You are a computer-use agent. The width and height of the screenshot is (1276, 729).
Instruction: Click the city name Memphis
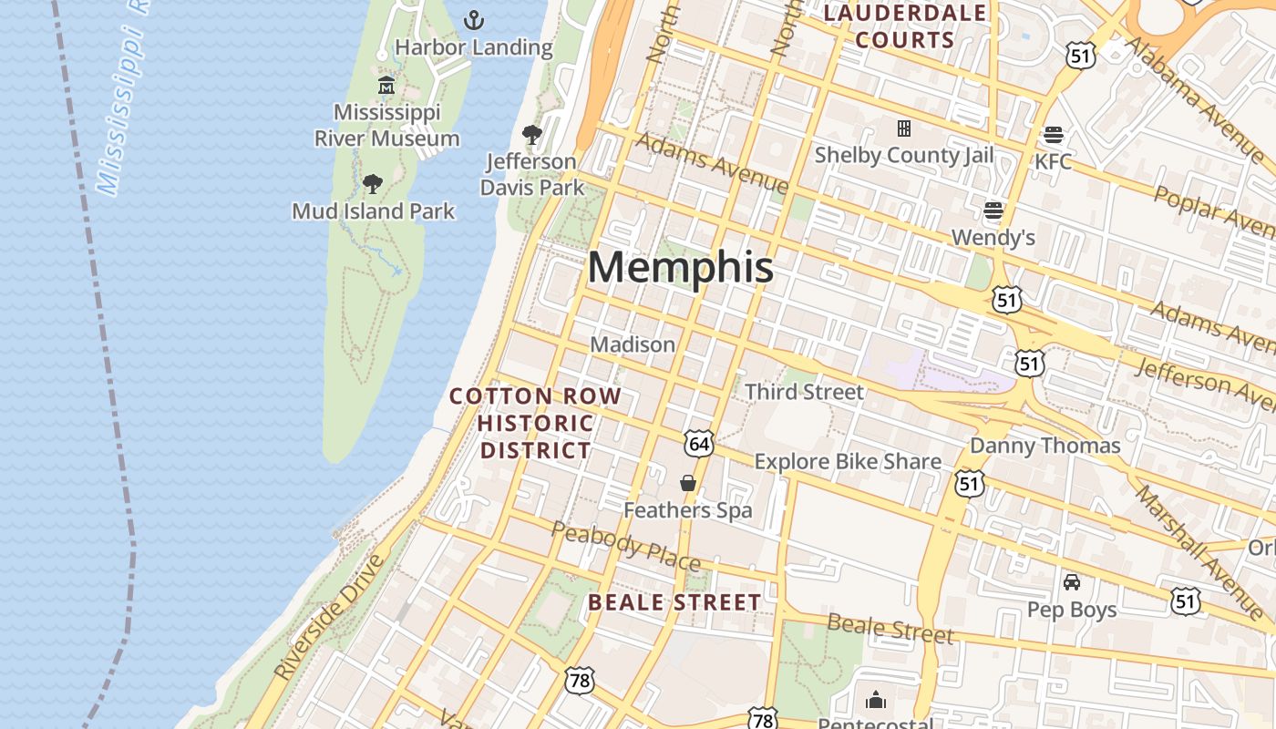tap(681, 267)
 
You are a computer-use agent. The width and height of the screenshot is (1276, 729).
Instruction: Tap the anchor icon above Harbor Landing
tap(473, 19)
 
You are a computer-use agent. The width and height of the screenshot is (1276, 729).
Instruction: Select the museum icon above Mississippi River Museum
tap(386, 86)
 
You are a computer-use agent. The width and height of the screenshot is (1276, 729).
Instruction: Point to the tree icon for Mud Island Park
tap(372, 184)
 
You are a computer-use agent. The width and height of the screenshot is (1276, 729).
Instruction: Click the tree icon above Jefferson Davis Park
tap(532, 135)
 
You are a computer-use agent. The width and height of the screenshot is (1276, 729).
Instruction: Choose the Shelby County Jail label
tap(903, 155)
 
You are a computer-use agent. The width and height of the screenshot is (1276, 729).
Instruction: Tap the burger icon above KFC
tap(1054, 135)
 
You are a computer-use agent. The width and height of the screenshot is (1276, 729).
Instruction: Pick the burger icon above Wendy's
tap(993, 211)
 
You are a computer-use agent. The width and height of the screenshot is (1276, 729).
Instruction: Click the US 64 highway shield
tap(698, 445)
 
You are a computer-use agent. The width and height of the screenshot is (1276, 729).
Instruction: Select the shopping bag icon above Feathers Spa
tap(688, 483)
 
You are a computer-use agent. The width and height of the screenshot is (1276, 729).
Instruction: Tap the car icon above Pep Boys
tap(1072, 581)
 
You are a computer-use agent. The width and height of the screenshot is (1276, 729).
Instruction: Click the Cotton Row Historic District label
tap(536, 423)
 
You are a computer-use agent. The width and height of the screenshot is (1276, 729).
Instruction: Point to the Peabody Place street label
tap(625, 544)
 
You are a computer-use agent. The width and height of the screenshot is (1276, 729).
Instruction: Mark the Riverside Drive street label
tap(329, 616)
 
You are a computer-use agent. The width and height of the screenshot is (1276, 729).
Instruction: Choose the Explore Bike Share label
tap(848, 461)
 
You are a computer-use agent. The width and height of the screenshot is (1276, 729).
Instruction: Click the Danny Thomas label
tap(1044, 446)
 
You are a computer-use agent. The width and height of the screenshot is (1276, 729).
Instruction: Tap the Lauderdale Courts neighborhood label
tap(905, 26)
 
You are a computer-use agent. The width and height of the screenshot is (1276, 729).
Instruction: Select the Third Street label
tap(804, 392)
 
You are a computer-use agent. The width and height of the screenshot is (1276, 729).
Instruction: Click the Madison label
tap(633, 344)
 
